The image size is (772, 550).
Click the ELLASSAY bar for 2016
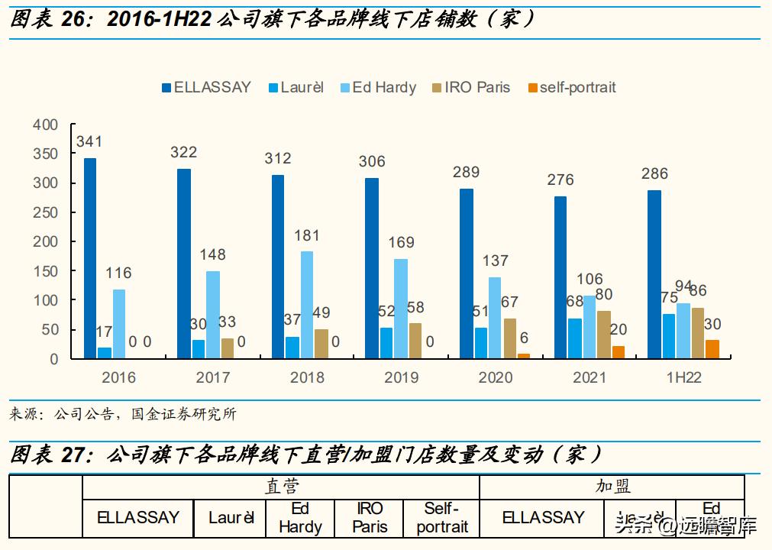tap(90, 258)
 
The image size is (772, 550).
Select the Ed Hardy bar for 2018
tap(306, 305)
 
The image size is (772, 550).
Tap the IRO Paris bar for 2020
tap(509, 338)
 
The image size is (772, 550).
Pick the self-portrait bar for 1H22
tap(712, 349)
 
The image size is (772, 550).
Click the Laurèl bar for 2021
tap(574, 338)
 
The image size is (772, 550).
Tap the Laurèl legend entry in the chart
tap(295, 87)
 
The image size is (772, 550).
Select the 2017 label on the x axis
tap(212, 377)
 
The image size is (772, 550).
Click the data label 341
tap(89, 141)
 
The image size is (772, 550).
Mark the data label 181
tap(306, 235)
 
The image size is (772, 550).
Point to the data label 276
tap(560, 180)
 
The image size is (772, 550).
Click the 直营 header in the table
tap(281, 487)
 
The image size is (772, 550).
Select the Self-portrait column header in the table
tap(442, 517)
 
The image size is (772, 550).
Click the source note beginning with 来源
tap(123, 414)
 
